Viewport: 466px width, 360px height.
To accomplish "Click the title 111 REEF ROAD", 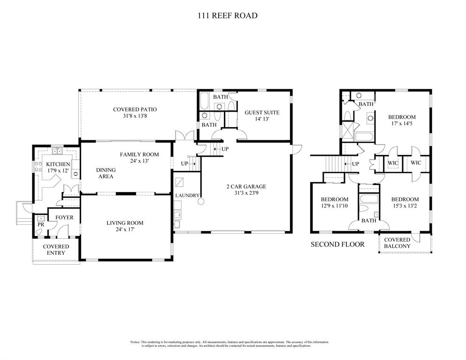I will (227, 15).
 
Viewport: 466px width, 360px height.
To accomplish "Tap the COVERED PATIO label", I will (135, 109).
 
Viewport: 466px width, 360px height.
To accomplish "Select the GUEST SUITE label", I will (262, 113).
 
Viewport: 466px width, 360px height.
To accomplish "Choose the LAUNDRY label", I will (188, 195).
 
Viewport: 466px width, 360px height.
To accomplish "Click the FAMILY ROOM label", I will (139, 154).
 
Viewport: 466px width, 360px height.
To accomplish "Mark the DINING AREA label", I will (106, 173).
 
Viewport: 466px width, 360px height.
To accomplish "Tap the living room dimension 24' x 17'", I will (124, 230).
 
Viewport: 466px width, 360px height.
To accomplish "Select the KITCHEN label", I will (58, 164).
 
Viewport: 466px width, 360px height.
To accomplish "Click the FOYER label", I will (64, 218).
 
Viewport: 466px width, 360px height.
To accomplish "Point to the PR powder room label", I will (41, 225).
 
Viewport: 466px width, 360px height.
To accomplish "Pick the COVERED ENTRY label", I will (56, 250).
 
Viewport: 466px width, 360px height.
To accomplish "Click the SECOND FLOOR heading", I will (337, 244).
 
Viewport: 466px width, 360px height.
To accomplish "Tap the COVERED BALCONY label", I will (397, 243).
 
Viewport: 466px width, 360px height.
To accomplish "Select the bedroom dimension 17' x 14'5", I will (402, 124).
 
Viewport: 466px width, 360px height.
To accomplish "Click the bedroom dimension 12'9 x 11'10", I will (334, 206).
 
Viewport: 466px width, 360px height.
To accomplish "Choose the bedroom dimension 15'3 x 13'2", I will (405, 206).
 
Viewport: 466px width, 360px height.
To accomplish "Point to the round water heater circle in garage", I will (201, 202).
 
